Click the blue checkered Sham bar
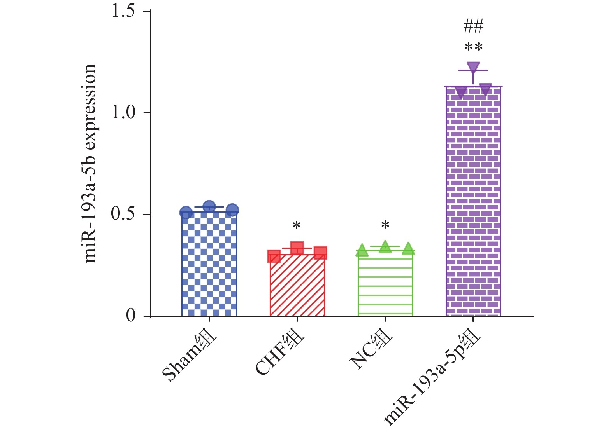[209, 264]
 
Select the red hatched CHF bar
[297, 286]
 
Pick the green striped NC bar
[385, 284]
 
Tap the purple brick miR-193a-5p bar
[473, 202]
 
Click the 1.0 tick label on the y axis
[123, 113]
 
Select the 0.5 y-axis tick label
[123, 214]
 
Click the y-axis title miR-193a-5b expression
[90, 163]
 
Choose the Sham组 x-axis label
[190, 357]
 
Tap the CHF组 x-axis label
[280, 352]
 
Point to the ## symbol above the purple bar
[473, 26]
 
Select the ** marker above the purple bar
[473, 47]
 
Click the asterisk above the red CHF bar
[297, 225]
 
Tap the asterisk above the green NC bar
[385, 225]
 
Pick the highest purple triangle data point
[473, 68]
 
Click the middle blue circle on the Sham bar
[209, 207]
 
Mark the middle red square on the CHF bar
[297, 248]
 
